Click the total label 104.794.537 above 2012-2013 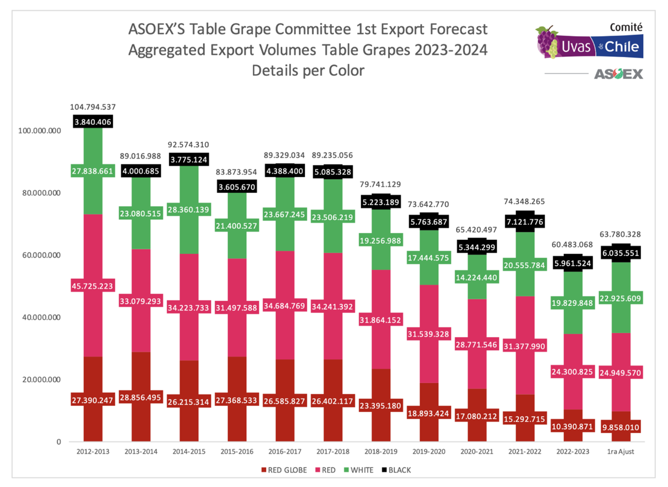coord(93,107)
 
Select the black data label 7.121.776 coord(524,222)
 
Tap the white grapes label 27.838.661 coord(93,171)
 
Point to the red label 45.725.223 coord(93,286)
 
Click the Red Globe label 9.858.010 coord(620,427)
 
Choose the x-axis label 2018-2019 coord(381,452)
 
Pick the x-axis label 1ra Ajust coord(620,452)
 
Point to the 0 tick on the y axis coord(59,442)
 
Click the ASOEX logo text coord(618,74)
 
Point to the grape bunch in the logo coord(547,41)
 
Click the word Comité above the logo coord(626,27)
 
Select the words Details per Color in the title coord(307,70)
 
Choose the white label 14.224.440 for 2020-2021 coord(476,277)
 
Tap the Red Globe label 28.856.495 coord(141,397)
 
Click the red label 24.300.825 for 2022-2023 coord(572,372)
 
